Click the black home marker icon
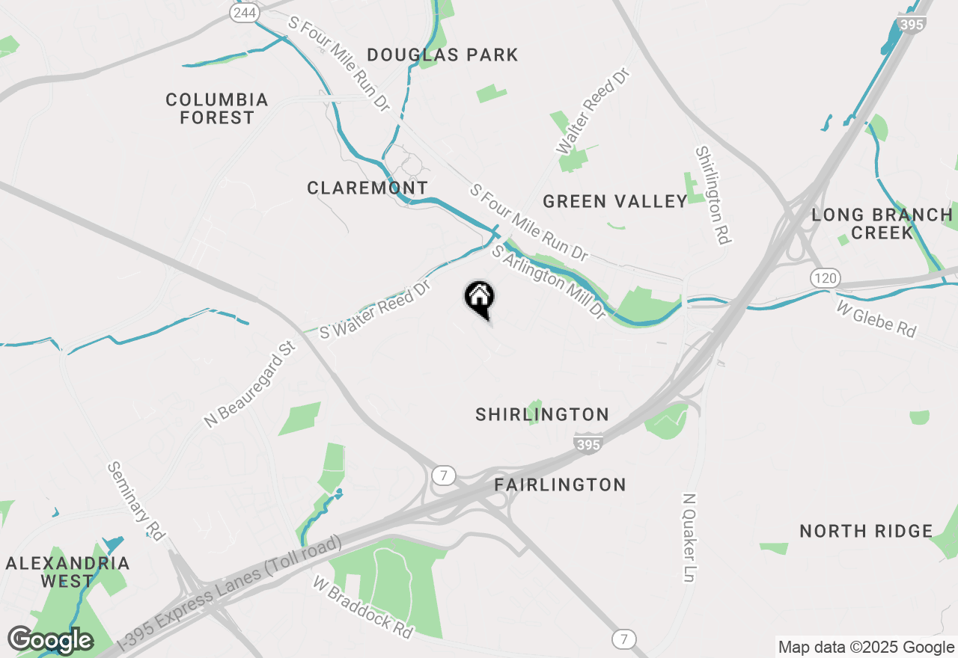coord(479,296)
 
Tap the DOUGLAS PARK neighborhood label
coord(443,55)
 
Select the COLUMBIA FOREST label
coord(217,108)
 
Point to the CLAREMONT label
coord(367,188)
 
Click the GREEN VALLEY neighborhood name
coord(615,201)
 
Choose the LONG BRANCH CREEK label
coord(882,224)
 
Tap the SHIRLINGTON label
coord(542,414)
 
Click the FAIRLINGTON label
coord(560,485)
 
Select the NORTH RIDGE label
coord(866,531)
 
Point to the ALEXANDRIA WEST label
coord(67,571)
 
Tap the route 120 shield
coord(825,278)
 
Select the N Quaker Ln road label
coord(689,538)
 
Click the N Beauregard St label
coord(250,384)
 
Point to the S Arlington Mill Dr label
coord(548,283)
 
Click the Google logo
coord(50,640)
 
